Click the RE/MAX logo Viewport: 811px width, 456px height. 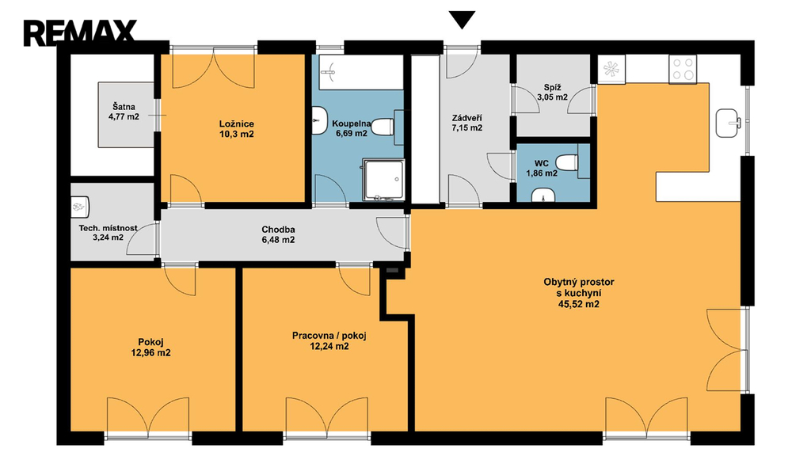pyautogui.click(x=80, y=32)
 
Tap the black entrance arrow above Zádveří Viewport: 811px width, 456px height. pyautogui.click(x=462, y=20)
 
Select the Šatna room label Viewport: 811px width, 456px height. pyautogui.click(x=124, y=107)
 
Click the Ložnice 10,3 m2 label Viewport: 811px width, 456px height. pyautogui.click(x=236, y=129)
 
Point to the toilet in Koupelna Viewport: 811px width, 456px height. pyautogui.click(x=383, y=127)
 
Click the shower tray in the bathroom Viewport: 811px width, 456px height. pyautogui.click(x=383, y=180)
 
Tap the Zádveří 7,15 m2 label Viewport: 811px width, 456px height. pyautogui.click(x=467, y=123)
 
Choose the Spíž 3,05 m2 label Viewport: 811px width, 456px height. pyautogui.click(x=552, y=92)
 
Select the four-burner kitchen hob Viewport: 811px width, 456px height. pyautogui.click(x=683, y=69)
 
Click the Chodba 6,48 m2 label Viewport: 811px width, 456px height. pyautogui.click(x=278, y=234)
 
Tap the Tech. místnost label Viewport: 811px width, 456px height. pyautogui.click(x=108, y=228)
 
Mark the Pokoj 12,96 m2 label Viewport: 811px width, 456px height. pyautogui.click(x=151, y=348)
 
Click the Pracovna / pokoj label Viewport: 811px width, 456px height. pyautogui.click(x=329, y=336)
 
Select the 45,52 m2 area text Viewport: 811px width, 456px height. pyautogui.click(x=579, y=304)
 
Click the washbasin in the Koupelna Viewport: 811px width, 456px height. pyautogui.click(x=320, y=121)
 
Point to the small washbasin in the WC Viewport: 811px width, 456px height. pyautogui.click(x=543, y=195)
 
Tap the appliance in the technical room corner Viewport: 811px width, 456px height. pyautogui.click(x=80, y=207)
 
